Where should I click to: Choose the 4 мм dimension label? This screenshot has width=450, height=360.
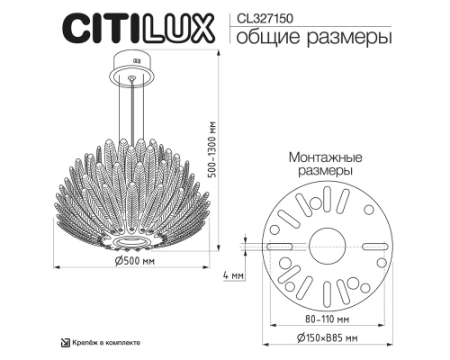[x=232, y=274]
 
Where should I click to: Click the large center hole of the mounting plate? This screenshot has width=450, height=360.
[x=327, y=242]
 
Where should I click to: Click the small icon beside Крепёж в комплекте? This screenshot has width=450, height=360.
[x=64, y=344]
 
